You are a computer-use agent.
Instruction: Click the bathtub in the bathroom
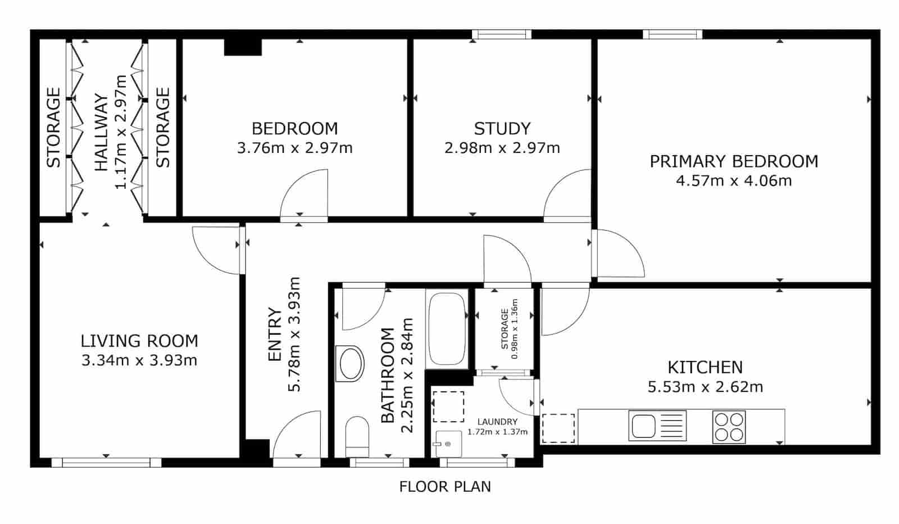coord(447,329)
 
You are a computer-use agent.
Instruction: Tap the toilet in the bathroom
coord(357,436)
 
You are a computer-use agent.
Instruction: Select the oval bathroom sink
coord(352,363)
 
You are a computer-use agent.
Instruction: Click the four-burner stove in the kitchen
coord(729,426)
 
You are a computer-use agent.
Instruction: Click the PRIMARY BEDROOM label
coord(734,161)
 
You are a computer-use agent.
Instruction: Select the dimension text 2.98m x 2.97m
coord(502,148)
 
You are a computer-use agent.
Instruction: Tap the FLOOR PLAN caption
coord(445,486)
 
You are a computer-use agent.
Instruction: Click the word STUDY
coord(502,129)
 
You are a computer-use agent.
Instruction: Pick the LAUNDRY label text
coord(497,422)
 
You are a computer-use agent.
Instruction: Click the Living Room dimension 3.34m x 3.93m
coord(139,360)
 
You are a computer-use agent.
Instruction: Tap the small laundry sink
coord(447,444)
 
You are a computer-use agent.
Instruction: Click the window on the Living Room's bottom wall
coord(106,463)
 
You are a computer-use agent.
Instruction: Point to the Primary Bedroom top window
coord(672,34)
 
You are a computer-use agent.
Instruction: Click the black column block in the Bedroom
coord(243,47)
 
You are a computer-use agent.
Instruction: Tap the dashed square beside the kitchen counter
coord(558,428)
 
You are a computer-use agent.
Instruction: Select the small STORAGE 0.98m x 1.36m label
coord(508,329)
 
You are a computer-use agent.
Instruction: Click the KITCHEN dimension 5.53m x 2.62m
coord(705,387)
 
